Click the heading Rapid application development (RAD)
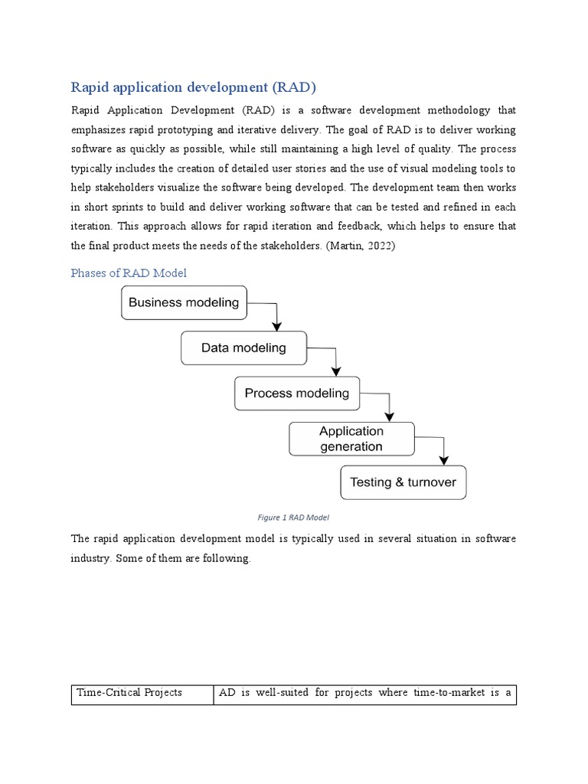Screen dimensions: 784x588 click(193, 86)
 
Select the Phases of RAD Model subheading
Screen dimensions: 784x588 click(129, 273)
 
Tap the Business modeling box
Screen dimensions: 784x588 click(184, 302)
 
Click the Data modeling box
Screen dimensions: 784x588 click(243, 348)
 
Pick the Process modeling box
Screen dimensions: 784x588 click(296, 394)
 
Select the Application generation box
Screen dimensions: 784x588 click(351, 439)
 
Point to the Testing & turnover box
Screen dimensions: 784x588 click(403, 482)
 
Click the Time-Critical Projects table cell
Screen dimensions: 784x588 click(129, 693)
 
